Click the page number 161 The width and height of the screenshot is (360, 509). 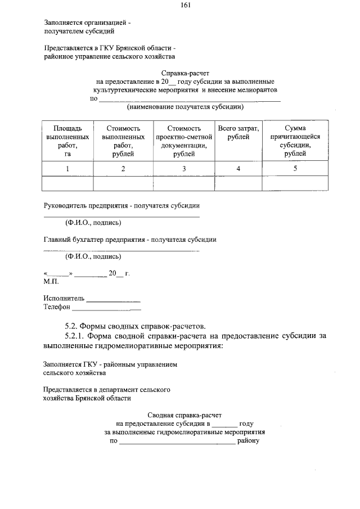(185, 6)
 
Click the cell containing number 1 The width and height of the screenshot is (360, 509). (67, 169)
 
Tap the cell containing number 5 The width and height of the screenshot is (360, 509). (295, 168)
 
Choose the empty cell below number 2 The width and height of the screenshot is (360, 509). (123, 184)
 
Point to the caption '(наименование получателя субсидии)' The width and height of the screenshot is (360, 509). (185, 106)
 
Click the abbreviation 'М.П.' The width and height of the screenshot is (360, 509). (51, 281)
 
